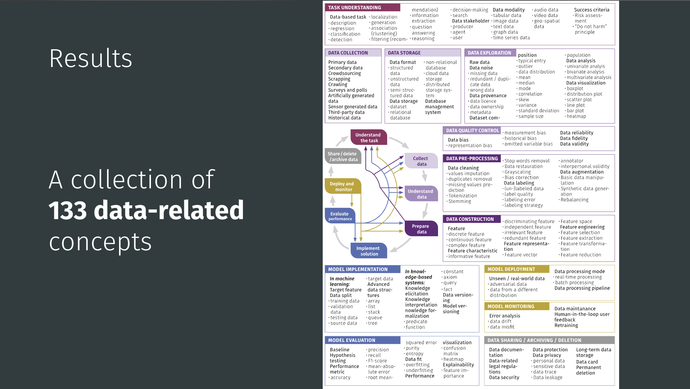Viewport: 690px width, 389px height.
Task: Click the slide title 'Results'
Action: (x=91, y=58)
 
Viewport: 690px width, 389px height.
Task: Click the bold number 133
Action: (x=68, y=210)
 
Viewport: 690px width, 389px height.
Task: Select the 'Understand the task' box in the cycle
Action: (x=369, y=138)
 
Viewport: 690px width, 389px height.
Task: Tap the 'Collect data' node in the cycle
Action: (x=421, y=161)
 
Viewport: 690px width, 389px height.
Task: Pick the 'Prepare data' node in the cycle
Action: (x=421, y=229)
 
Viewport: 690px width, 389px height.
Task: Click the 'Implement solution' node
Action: (x=368, y=251)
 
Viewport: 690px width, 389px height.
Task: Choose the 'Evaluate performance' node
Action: (x=340, y=216)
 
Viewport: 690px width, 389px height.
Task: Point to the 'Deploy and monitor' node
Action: (x=342, y=187)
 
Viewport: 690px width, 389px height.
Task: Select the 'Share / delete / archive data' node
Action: (x=342, y=156)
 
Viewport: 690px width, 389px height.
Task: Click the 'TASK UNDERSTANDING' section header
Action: (x=354, y=8)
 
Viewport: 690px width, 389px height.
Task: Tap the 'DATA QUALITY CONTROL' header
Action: (x=472, y=131)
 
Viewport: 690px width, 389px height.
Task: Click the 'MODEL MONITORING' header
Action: (x=510, y=306)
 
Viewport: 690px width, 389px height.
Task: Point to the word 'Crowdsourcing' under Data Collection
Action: (x=344, y=74)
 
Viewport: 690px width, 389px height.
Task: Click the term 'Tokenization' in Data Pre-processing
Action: (x=462, y=196)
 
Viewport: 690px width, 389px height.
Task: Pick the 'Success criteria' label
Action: (x=592, y=10)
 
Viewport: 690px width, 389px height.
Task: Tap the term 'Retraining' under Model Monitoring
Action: (x=566, y=326)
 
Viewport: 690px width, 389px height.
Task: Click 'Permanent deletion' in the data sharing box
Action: (x=588, y=370)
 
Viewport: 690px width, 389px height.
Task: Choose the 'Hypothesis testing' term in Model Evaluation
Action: (x=342, y=358)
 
